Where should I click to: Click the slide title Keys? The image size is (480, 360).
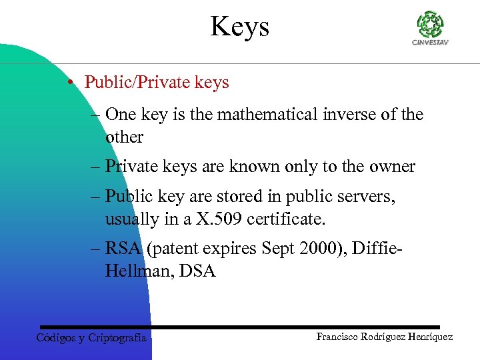click(240, 27)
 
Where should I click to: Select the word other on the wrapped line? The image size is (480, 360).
click(124, 137)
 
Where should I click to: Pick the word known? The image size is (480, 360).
click(254, 167)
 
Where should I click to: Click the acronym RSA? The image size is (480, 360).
click(123, 249)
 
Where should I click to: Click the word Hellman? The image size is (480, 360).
click(138, 272)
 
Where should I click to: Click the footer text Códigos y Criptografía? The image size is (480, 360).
click(91, 337)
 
